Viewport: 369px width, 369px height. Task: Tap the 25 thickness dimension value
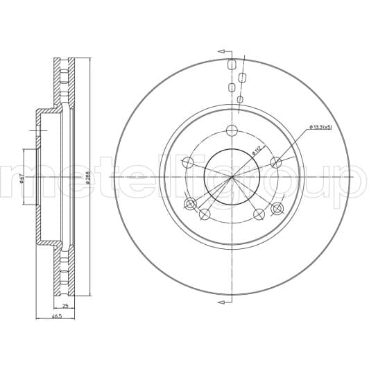(64, 306)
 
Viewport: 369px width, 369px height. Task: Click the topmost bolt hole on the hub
(232, 130)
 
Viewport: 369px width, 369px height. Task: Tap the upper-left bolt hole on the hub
(187, 162)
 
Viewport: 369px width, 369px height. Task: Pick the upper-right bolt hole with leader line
(275, 162)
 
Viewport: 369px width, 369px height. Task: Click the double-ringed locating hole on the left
(191, 204)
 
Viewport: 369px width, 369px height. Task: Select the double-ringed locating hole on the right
(277, 208)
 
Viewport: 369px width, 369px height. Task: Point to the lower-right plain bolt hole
(259, 214)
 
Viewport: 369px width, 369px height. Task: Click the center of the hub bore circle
(232, 176)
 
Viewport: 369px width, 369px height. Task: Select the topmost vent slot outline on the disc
(231, 65)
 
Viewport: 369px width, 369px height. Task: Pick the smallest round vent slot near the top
(239, 100)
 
